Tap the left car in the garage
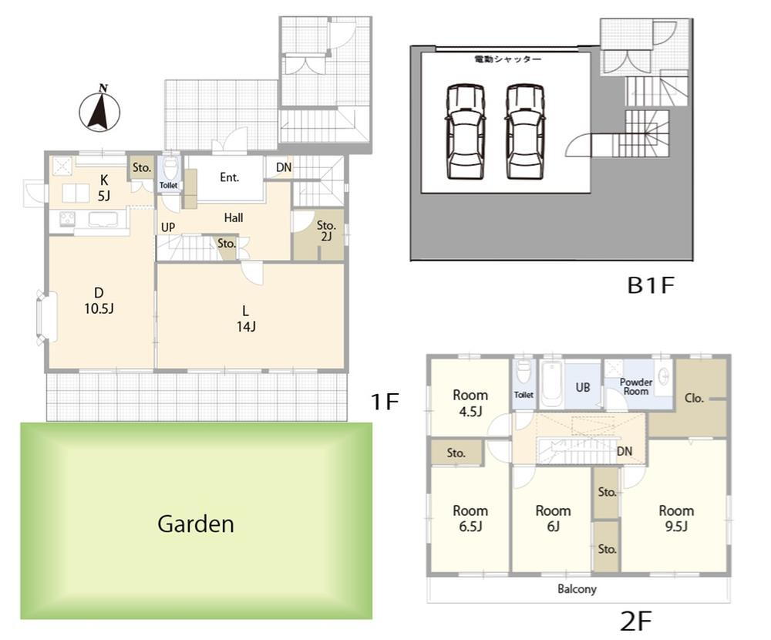[465, 132]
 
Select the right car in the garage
[525, 132]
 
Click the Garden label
[196, 524]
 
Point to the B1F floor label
[651, 285]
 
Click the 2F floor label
[636, 621]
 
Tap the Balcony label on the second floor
[577, 589]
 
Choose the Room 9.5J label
[676, 518]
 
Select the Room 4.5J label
[470, 403]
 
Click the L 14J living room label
[246, 318]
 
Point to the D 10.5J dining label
[99, 301]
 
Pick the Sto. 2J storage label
[326, 231]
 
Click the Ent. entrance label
[229, 177]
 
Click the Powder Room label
[636, 386]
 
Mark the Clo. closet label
[694, 398]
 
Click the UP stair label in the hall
[168, 227]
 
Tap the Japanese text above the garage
[508, 59]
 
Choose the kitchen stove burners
[67, 218]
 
